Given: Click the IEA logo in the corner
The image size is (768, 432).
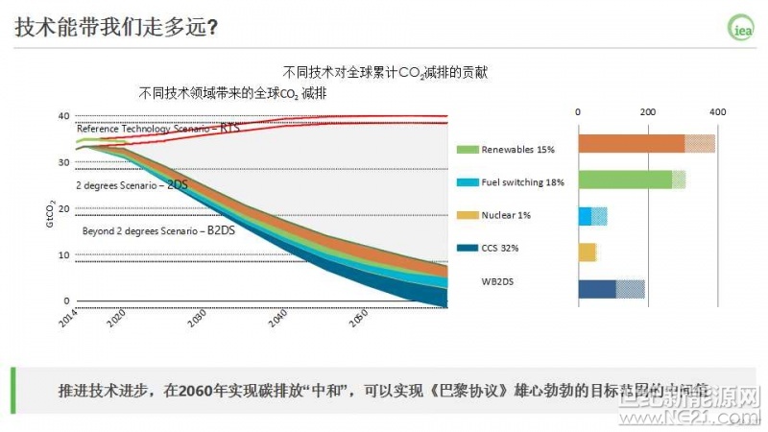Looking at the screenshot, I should pos(741,29).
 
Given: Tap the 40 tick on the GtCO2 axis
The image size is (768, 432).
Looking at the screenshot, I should pos(64,116).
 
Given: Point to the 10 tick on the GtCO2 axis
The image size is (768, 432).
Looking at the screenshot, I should pos(64,254).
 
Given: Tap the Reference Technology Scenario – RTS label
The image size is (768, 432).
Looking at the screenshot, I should pos(158,129).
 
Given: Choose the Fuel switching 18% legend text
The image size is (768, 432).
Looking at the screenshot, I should pos(523,181).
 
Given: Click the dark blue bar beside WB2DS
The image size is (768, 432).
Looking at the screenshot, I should pos(597,288).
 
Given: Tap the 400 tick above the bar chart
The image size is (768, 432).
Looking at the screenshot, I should pos(717,112).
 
